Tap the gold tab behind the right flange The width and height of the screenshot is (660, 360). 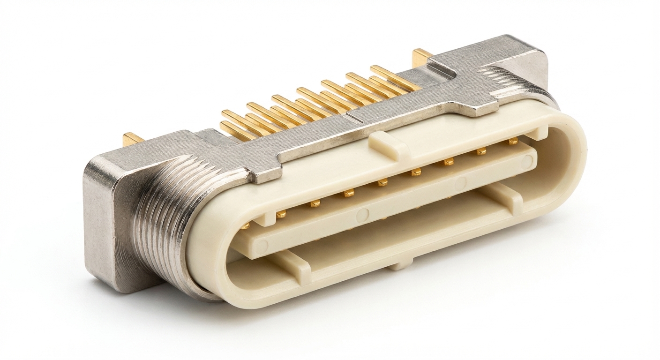point(421,55)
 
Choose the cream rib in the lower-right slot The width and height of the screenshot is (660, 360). point(506,195)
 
